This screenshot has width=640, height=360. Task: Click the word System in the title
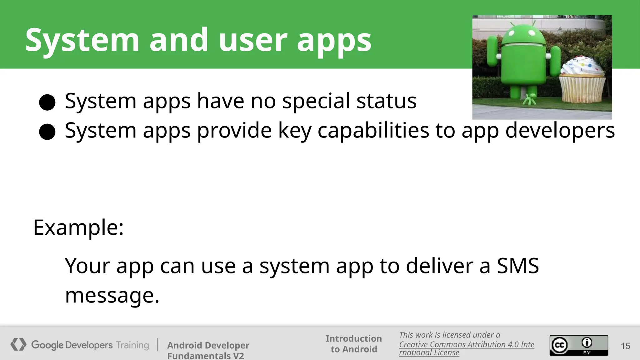pyautogui.click(x=82, y=40)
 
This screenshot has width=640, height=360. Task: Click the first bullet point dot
pyautogui.click(x=47, y=102)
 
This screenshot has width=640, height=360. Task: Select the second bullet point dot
pyautogui.click(x=47, y=132)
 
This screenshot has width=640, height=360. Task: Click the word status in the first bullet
pyautogui.click(x=386, y=101)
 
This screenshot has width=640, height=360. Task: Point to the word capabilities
pyautogui.click(x=373, y=130)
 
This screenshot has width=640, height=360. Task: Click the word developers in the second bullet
pyautogui.click(x=560, y=130)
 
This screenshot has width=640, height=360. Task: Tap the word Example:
pyautogui.click(x=78, y=227)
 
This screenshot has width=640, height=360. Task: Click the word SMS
pyautogui.click(x=517, y=266)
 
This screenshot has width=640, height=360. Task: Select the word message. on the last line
pyautogui.click(x=112, y=295)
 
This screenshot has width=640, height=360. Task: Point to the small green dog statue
pyautogui.click(x=530, y=99)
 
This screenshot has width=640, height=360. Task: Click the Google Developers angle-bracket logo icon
pyautogui.click(x=18, y=344)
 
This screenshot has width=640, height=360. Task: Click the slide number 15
pyautogui.click(x=625, y=346)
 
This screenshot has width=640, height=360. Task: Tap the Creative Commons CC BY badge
pyautogui.click(x=579, y=345)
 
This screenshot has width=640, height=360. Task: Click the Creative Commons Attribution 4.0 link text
pyautogui.click(x=466, y=345)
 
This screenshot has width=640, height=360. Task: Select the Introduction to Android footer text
pyautogui.click(x=354, y=344)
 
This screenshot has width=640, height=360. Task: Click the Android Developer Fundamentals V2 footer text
pyautogui.click(x=208, y=350)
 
